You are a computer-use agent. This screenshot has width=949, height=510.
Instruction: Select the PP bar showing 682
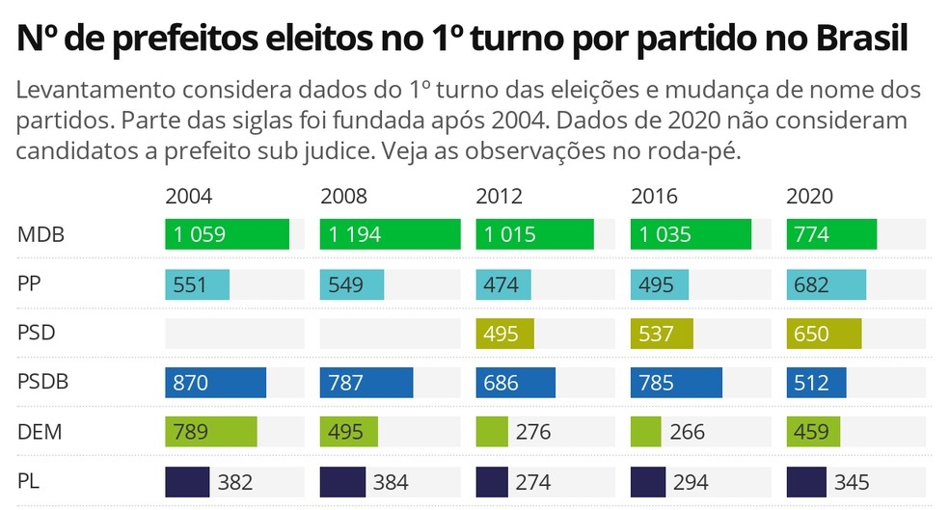point(826,285)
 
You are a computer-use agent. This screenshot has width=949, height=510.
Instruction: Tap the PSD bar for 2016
point(662,334)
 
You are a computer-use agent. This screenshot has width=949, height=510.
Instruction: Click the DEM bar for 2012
point(491,431)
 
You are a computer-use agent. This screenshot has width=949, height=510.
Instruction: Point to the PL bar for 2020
point(806,481)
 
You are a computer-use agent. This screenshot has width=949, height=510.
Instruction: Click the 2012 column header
point(499,197)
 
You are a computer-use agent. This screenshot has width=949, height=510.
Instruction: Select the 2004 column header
point(189,197)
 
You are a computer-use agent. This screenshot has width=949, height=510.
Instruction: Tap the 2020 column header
point(809,197)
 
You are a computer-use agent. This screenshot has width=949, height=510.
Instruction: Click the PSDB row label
point(42,383)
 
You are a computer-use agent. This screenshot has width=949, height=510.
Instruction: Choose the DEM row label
point(40,432)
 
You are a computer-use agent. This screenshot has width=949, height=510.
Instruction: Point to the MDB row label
point(40,235)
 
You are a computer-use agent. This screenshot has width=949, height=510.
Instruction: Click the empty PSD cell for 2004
point(234,334)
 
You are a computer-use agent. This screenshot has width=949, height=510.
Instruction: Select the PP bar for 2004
point(197,285)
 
